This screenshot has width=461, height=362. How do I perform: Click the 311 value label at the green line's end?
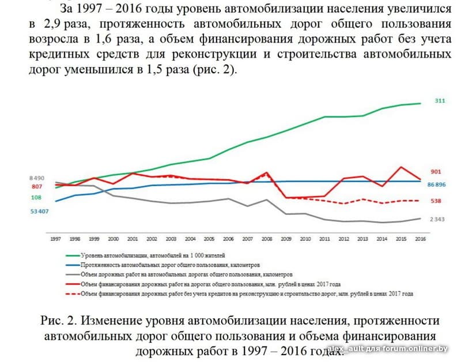[440, 101]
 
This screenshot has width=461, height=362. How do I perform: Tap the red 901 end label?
[436, 172]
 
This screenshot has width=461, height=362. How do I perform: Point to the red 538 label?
[436, 201]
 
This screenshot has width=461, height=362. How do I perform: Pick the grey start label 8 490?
[37, 178]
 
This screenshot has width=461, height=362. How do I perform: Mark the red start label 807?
[37, 187]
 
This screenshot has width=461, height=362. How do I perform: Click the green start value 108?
[37, 197]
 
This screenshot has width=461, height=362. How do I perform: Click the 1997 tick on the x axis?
[56, 238]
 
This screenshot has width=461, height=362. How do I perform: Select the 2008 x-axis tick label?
[266, 238]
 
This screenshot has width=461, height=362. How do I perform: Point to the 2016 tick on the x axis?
[420, 238]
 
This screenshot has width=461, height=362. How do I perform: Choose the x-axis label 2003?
[171, 238]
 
